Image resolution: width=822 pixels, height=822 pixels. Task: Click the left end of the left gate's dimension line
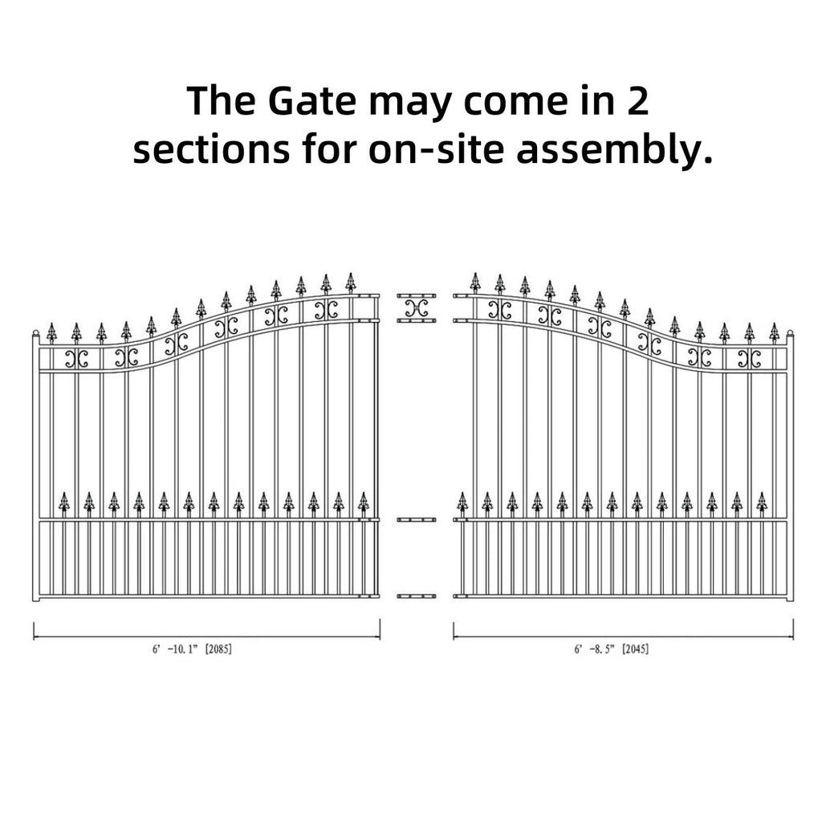tap(34, 637)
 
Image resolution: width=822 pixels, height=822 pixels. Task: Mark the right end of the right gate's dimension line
tap(792, 637)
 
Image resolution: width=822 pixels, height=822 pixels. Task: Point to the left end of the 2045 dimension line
tap(454, 637)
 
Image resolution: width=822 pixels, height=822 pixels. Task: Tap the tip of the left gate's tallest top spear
tap(351, 273)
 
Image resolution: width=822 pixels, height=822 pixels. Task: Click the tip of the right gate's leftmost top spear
tap(475, 273)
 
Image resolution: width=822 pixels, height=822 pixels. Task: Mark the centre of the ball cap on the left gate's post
tap(35, 333)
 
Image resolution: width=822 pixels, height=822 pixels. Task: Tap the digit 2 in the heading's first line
tap(637, 101)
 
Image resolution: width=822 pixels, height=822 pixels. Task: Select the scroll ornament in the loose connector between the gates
tap(417, 307)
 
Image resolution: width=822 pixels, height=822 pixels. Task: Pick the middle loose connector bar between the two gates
tap(417, 519)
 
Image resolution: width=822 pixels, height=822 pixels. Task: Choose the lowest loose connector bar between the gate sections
tap(417, 596)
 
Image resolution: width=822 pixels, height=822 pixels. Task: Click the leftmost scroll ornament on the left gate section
tap(76, 359)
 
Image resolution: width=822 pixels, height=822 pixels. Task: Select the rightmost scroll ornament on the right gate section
tap(749, 359)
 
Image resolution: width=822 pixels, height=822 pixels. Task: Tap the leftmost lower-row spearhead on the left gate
tap(64, 502)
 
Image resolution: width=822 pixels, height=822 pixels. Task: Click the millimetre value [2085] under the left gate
tap(218, 649)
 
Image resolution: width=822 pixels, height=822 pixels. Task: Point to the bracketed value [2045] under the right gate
tap(636, 649)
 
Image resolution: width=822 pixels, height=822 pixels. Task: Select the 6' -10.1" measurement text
tap(175, 649)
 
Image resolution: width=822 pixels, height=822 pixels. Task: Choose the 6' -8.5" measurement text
tap(594, 649)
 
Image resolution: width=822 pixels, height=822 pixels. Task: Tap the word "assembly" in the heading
tap(608, 149)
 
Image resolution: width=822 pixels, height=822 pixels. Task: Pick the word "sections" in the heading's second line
tap(211, 149)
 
